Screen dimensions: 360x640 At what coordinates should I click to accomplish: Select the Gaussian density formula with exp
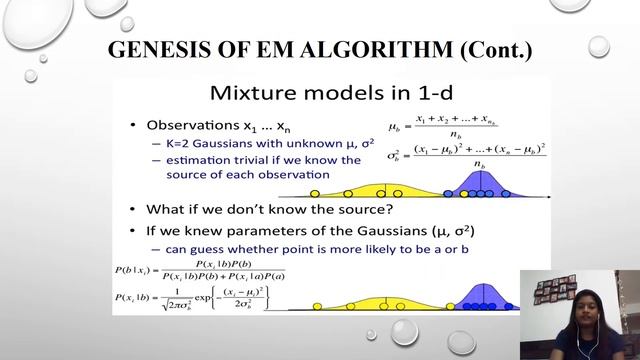[x=200, y=297]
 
